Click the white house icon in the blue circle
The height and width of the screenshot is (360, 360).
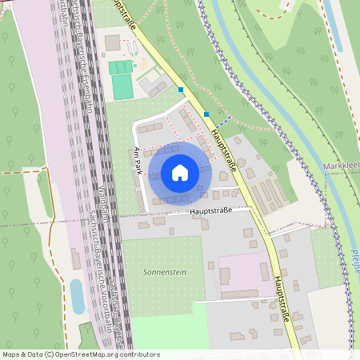180,172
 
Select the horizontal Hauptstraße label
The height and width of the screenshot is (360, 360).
211,210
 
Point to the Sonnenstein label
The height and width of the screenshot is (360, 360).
164,272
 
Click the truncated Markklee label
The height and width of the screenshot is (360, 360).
342,166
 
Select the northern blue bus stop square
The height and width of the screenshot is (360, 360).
182,90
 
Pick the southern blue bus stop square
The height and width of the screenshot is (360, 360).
206,114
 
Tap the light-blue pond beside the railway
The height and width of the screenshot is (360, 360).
77,295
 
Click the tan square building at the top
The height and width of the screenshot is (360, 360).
112,42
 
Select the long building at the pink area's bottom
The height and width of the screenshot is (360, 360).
240,294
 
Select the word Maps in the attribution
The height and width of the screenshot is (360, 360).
12,354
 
